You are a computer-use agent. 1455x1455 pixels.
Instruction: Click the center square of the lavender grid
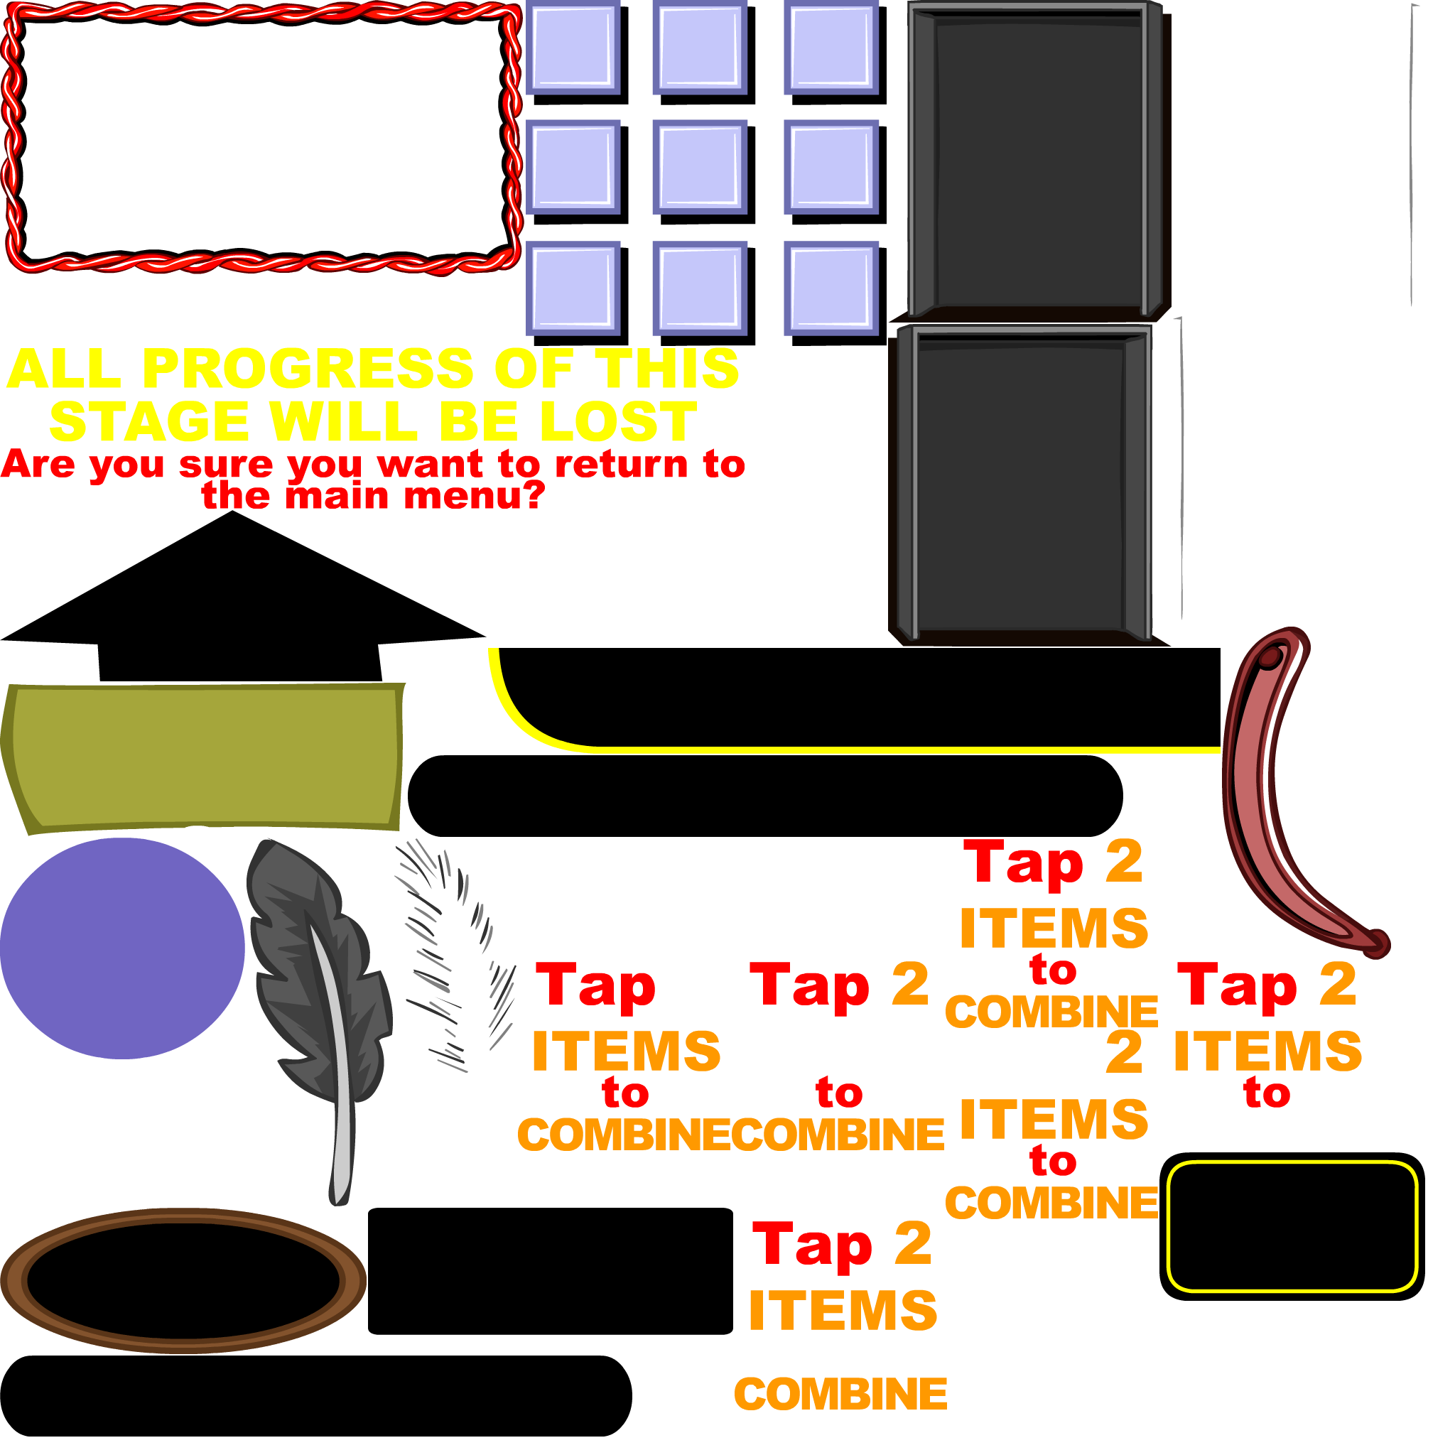(x=700, y=166)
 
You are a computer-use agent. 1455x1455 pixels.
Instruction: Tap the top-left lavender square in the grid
(x=573, y=47)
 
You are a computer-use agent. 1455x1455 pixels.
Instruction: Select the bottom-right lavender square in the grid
(x=831, y=288)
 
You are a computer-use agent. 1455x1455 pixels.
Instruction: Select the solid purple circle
(x=122, y=948)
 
